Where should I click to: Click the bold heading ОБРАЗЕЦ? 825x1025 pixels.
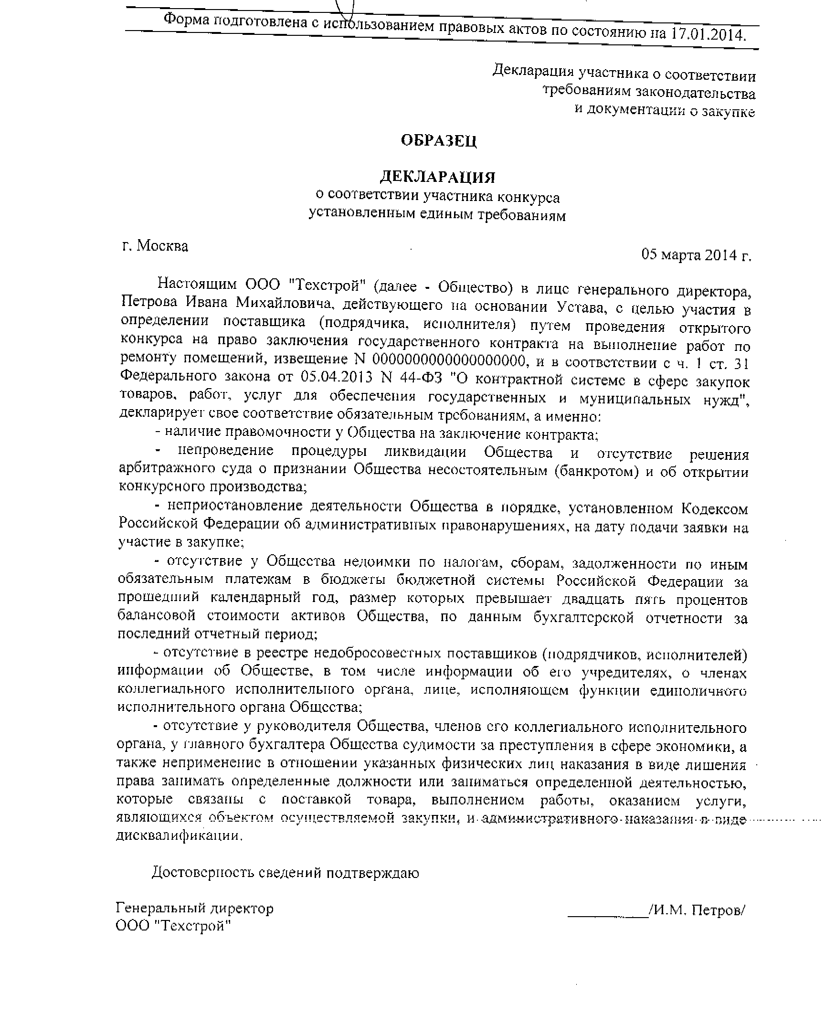438,141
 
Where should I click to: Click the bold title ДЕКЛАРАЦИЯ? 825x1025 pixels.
438,178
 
